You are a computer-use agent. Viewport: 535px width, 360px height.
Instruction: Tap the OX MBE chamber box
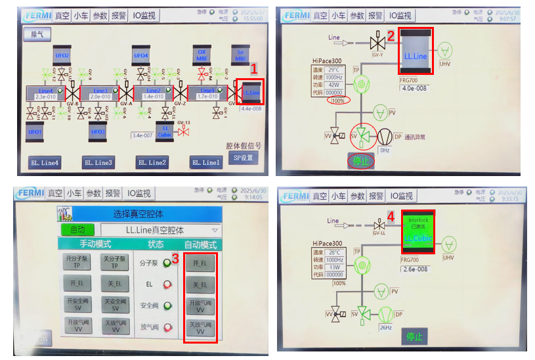coord(202,56)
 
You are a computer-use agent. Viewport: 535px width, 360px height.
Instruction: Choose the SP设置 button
coord(243,158)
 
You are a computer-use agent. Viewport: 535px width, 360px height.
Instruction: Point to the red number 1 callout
coord(255,68)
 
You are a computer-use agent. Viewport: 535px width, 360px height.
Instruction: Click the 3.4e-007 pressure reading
coord(142,135)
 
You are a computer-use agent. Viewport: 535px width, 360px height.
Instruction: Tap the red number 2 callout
coord(390,36)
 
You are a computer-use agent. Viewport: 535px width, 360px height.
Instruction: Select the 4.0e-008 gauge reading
coord(414,88)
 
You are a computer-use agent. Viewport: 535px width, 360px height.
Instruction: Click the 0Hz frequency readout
coord(385,150)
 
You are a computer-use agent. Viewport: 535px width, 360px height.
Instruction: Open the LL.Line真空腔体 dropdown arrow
coord(215,231)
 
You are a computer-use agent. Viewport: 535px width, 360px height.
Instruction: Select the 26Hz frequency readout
coord(385,326)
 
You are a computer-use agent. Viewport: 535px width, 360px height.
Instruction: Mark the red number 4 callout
coord(391,215)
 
